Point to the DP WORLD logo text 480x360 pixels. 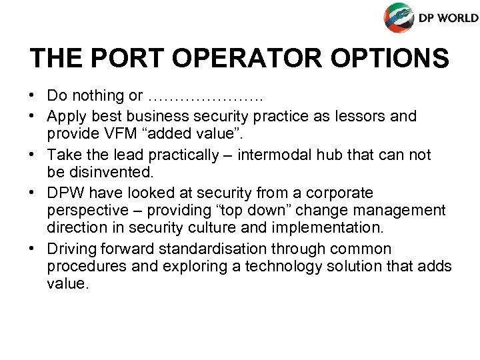(448, 18)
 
